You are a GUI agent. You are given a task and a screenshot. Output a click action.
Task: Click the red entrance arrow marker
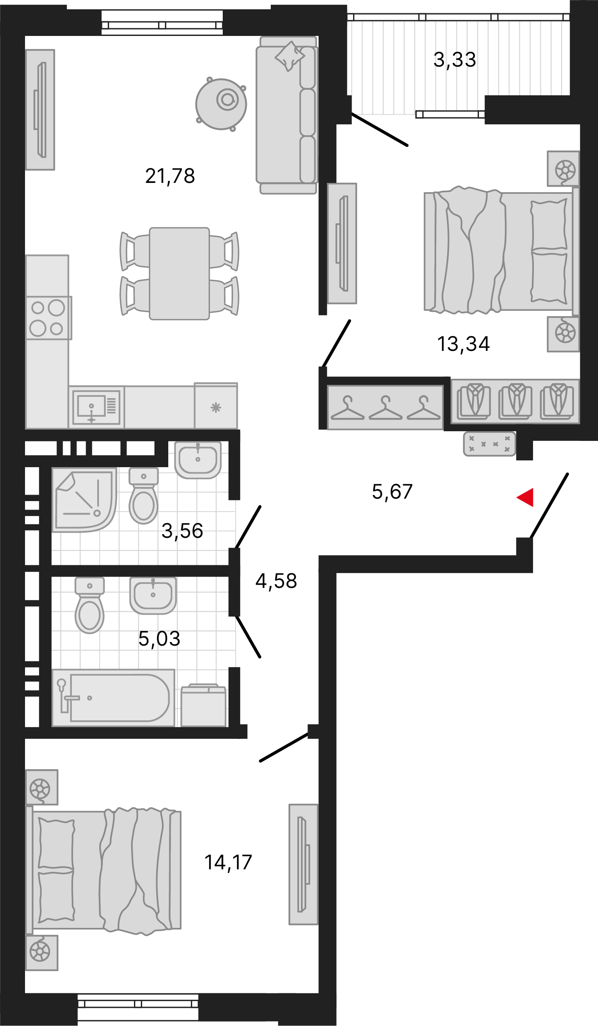(525, 497)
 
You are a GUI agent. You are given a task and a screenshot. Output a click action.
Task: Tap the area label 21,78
(170, 176)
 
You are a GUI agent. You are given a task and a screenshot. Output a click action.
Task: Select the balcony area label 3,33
(454, 60)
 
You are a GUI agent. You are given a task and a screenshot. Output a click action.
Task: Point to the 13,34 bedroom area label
(463, 344)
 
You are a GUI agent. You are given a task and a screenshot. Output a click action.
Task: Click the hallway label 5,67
(392, 492)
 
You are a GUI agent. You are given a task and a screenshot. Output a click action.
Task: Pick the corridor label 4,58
(276, 581)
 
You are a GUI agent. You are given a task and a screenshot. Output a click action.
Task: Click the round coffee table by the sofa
(221, 104)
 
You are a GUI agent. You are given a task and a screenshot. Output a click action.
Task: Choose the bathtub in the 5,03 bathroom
(114, 698)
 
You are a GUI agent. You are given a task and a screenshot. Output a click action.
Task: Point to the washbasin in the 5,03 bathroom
(153, 595)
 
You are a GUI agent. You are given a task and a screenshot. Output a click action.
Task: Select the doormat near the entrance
(489, 444)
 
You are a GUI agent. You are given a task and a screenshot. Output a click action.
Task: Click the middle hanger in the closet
(385, 408)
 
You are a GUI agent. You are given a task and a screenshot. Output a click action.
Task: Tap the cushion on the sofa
(290, 55)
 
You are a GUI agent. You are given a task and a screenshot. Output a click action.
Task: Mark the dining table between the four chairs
(180, 274)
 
